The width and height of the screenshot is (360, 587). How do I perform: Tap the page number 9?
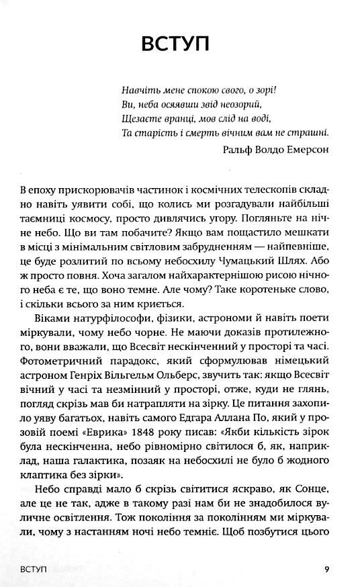click(x=326, y=570)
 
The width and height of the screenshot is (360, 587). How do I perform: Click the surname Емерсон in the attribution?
click(x=306, y=150)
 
